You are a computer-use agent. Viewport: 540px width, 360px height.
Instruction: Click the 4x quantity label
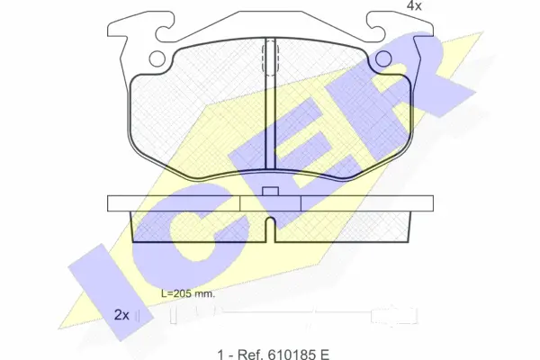coord(414,5)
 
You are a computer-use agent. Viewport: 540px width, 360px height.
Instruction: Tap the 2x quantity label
coord(121,315)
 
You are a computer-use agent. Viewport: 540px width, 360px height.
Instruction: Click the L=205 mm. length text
coord(188,294)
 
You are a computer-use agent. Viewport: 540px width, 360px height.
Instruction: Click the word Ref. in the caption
coord(248,354)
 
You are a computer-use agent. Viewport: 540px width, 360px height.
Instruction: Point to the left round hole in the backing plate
coord(157,58)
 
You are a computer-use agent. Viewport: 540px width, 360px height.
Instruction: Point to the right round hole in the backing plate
coord(383,58)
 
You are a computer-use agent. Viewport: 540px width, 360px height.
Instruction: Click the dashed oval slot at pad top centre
coord(270,57)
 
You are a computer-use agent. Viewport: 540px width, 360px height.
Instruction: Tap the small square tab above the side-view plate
coord(270,191)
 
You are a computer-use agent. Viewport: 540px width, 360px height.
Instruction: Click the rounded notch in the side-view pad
coord(271,229)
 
